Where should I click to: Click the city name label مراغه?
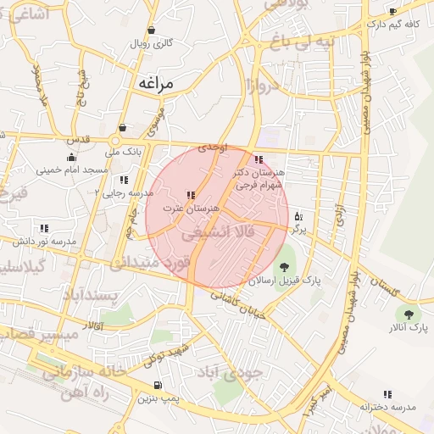(x=153, y=84)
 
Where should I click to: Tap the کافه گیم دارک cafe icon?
(x=392, y=11)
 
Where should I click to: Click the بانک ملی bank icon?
(x=124, y=128)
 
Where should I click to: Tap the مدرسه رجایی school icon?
(x=124, y=180)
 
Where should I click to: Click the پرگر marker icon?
(x=298, y=217)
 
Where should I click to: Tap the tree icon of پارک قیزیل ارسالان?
(x=283, y=267)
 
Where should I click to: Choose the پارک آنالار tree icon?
(x=409, y=314)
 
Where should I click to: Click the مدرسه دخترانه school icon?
(x=387, y=394)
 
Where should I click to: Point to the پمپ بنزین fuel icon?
(x=156, y=385)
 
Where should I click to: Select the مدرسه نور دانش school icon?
(x=43, y=228)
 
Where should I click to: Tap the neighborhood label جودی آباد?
(x=231, y=371)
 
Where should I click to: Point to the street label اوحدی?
(x=213, y=147)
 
